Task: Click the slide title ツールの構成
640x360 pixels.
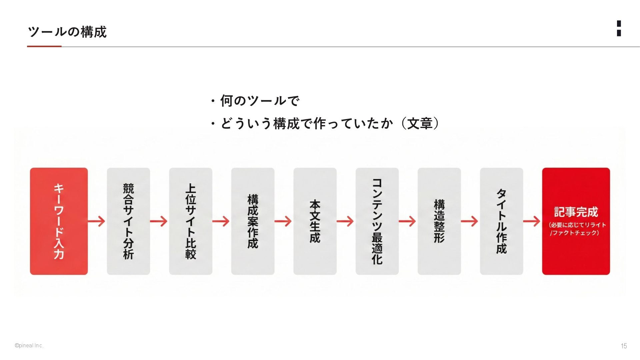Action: click(x=67, y=32)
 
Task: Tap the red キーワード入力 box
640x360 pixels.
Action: click(x=59, y=221)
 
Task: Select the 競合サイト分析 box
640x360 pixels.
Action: click(x=128, y=221)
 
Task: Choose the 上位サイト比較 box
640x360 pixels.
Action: click(x=190, y=221)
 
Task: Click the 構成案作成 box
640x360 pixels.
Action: click(x=253, y=221)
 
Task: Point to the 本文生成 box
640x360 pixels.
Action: click(x=315, y=221)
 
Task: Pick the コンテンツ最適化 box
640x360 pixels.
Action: click(x=377, y=221)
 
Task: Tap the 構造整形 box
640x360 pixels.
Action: click(x=439, y=221)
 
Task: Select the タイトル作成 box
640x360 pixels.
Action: click(x=501, y=221)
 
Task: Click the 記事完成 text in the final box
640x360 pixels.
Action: click(x=576, y=212)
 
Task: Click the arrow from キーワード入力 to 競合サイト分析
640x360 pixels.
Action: click(x=97, y=221)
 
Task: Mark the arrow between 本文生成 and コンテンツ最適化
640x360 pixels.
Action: click(x=345, y=221)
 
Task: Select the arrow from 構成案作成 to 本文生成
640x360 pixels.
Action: click(x=283, y=221)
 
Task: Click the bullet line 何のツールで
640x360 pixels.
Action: click(x=259, y=101)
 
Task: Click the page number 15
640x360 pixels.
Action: click(x=624, y=346)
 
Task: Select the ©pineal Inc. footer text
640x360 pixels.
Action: click(x=29, y=346)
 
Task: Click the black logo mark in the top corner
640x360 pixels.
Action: click(x=619, y=28)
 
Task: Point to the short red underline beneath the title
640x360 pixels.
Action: click(x=44, y=46)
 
